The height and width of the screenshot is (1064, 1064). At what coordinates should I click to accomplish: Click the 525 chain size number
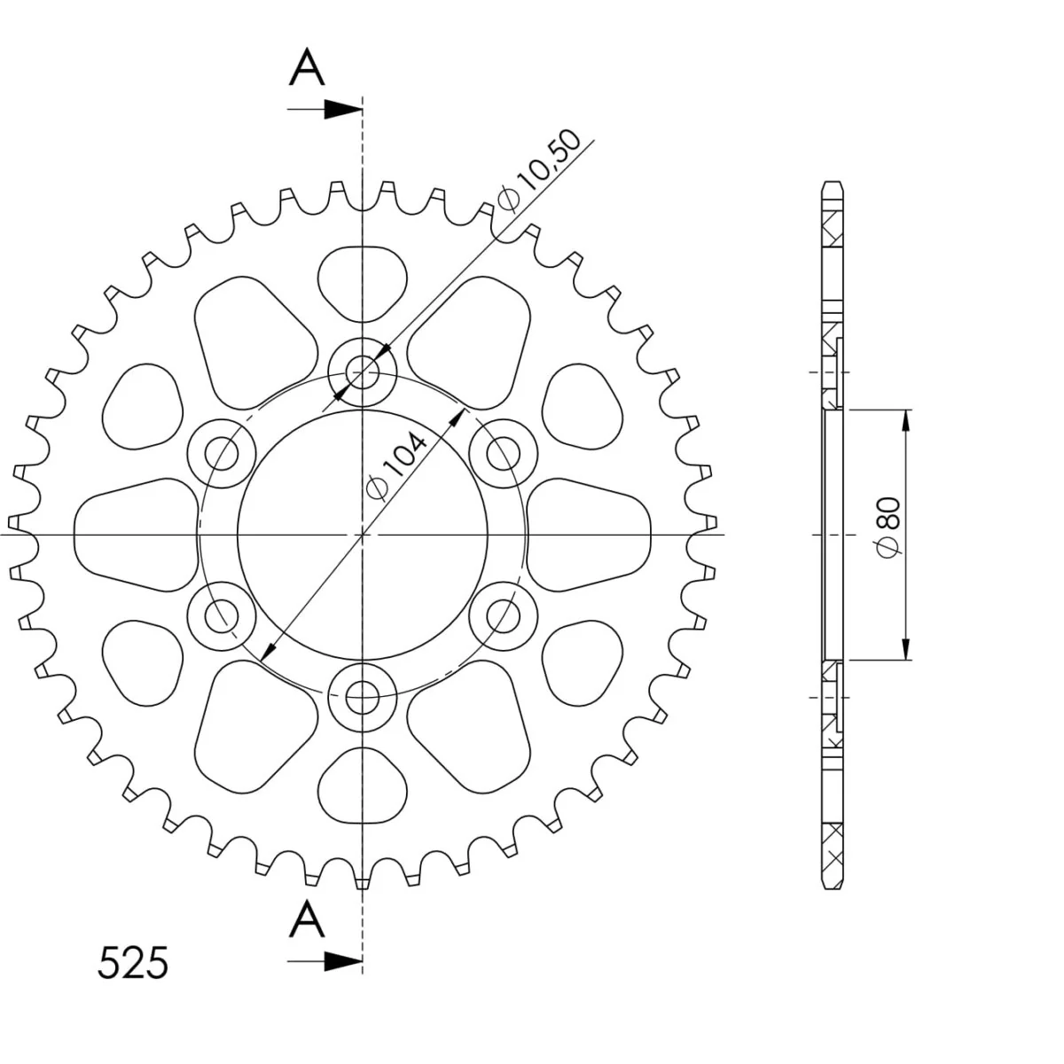click(132, 963)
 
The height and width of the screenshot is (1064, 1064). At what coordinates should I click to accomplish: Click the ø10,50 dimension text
click(538, 170)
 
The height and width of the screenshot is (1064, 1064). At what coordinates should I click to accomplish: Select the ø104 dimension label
click(396, 466)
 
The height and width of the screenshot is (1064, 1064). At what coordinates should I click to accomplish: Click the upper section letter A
click(307, 67)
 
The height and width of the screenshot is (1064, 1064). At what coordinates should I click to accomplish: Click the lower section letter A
click(307, 919)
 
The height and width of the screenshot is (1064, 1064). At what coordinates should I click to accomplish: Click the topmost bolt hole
click(363, 372)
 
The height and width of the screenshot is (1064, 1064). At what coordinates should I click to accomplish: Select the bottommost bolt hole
click(363, 698)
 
